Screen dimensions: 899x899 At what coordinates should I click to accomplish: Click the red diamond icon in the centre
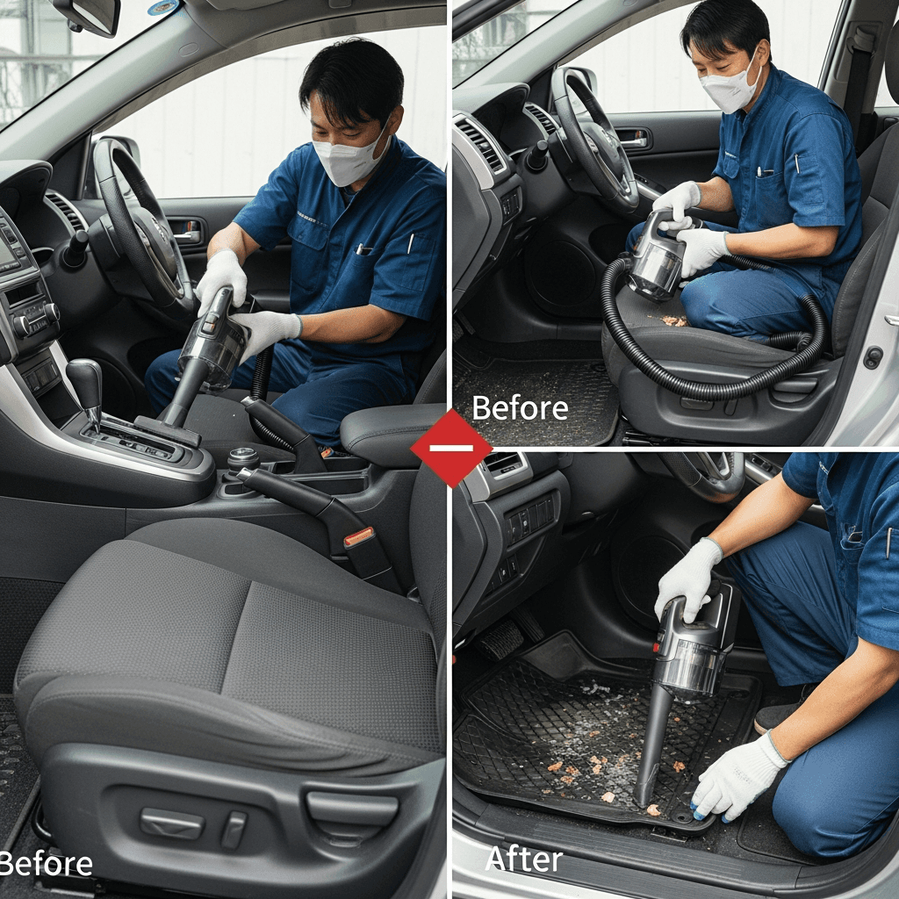point(451,448)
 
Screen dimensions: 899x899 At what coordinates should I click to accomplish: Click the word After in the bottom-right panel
point(524,859)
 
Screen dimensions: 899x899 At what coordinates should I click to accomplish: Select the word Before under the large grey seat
point(46,864)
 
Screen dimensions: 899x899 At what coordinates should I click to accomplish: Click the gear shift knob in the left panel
point(85,381)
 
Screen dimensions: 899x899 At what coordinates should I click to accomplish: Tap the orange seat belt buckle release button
point(359,536)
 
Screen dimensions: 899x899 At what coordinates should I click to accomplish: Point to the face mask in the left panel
point(348,158)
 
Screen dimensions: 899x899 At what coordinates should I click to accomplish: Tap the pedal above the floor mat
point(500,638)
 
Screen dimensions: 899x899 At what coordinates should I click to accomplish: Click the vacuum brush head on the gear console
point(167,431)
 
